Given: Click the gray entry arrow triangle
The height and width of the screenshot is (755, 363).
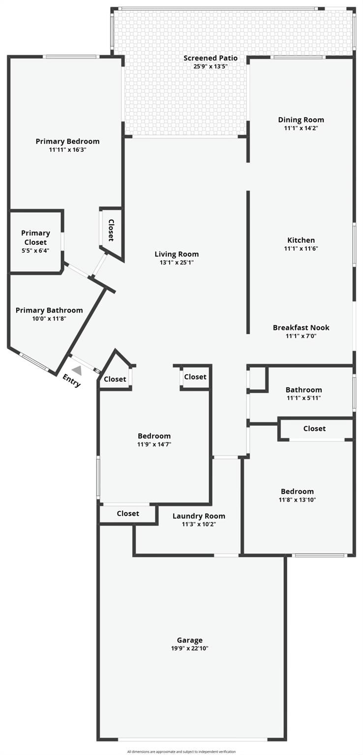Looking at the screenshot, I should [77, 371].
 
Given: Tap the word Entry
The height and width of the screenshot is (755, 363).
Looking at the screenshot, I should [71, 380].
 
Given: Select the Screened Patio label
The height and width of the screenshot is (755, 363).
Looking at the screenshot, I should [210, 58].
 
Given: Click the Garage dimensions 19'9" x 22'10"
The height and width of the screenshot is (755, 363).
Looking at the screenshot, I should [190, 648].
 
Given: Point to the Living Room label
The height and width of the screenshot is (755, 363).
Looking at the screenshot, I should [177, 254].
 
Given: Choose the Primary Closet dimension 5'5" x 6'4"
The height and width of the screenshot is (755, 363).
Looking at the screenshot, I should [35, 251].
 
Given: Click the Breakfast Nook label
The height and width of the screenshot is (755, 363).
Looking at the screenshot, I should [301, 327].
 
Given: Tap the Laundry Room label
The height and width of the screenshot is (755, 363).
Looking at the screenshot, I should [199, 516].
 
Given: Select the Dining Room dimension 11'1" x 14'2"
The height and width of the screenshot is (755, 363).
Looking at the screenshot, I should [301, 128].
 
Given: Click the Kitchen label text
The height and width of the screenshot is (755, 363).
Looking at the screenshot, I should [301, 240].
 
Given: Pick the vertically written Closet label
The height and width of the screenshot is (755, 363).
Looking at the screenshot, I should [111, 230].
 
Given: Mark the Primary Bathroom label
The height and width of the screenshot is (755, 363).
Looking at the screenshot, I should [49, 310].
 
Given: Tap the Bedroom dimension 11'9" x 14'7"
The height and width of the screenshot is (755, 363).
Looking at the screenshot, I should [154, 444].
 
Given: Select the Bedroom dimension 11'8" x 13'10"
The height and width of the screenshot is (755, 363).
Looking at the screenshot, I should [297, 500].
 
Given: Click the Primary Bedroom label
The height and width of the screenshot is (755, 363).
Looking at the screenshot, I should [67, 141].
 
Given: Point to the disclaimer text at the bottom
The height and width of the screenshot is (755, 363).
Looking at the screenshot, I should [181, 751].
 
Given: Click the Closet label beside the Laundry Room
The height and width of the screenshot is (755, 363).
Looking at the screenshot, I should [128, 513].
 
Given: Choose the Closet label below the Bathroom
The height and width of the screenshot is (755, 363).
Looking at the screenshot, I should [314, 429].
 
